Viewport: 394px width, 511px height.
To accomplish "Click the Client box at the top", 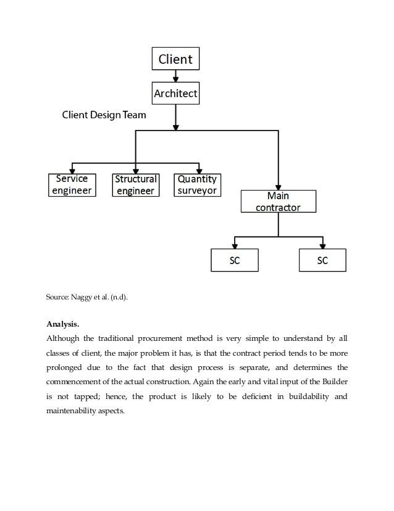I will click(176, 59).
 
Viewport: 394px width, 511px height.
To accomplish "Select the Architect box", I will click(176, 94).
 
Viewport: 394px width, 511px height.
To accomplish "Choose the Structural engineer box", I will click(135, 184).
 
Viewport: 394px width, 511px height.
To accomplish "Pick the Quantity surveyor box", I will click(197, 184).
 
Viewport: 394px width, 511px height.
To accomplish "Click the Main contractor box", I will click(278, 202).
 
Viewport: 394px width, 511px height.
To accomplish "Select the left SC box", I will click(235, 260).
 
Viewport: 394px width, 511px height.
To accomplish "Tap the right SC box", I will click(322, 260).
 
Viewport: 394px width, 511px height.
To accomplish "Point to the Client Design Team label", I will click(104, 115).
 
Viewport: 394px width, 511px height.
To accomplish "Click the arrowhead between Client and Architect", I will click(176, 79).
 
